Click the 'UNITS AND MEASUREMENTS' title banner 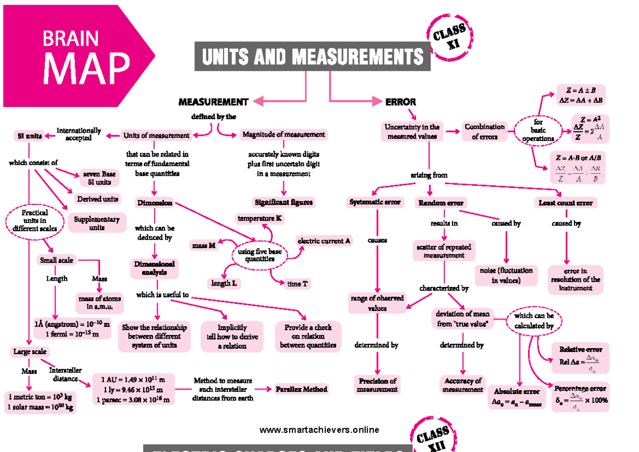click(313, 56)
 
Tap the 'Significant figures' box click(283, 202)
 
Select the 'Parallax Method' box click(301, 389)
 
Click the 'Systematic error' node click(375, 202)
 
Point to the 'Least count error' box click(565, 203)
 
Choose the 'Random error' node click(440, 203)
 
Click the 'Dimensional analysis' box click(154, 268)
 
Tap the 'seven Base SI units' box click(100, 178)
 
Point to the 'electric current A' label click(324, 241)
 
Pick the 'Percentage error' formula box click(580, 397)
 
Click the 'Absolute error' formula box click(517, 398)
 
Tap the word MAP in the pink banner click(86, 68)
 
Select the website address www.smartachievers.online click(319, 430)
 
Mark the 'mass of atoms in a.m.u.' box click(100, 303)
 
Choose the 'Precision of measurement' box click(378, 385)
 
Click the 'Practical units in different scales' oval click(36, 220)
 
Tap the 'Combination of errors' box click(484, 132)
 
